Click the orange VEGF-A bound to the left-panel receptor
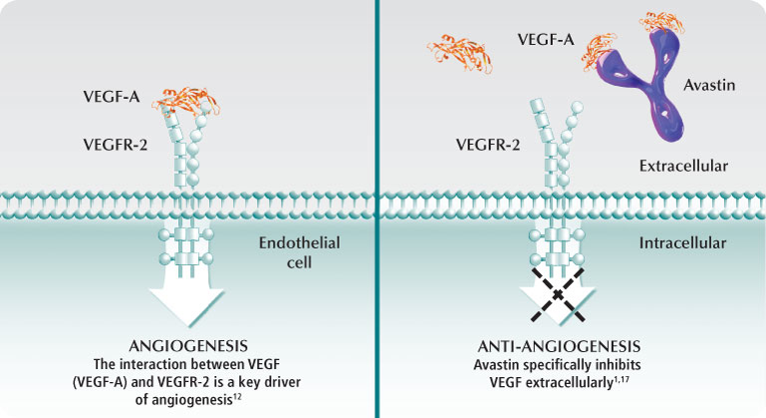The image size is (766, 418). coord(186,99)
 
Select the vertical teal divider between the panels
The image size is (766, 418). coord(378,209)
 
